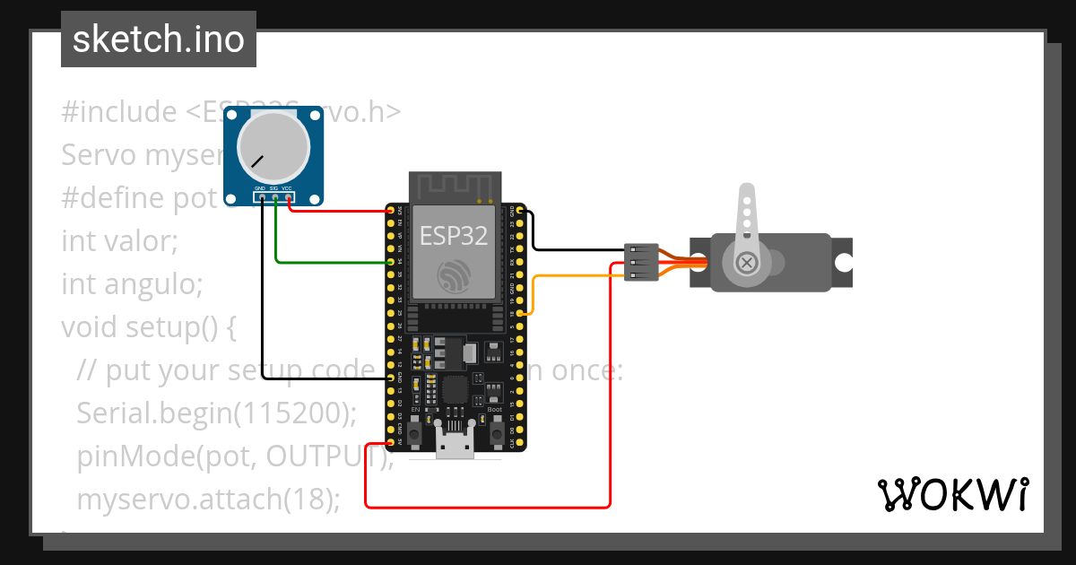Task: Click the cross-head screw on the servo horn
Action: coord(746,263)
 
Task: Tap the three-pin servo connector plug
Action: coord(641,262)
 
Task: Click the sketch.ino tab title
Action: coord(159,39)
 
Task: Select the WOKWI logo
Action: coord(952,494)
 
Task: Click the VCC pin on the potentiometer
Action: coord(289,197)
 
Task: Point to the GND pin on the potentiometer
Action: coord(262,197)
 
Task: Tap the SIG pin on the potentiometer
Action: coord(275,197)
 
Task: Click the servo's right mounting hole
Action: coord(843,263)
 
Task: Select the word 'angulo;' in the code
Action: coord(154,284)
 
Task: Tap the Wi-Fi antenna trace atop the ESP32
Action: coord(454,187)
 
